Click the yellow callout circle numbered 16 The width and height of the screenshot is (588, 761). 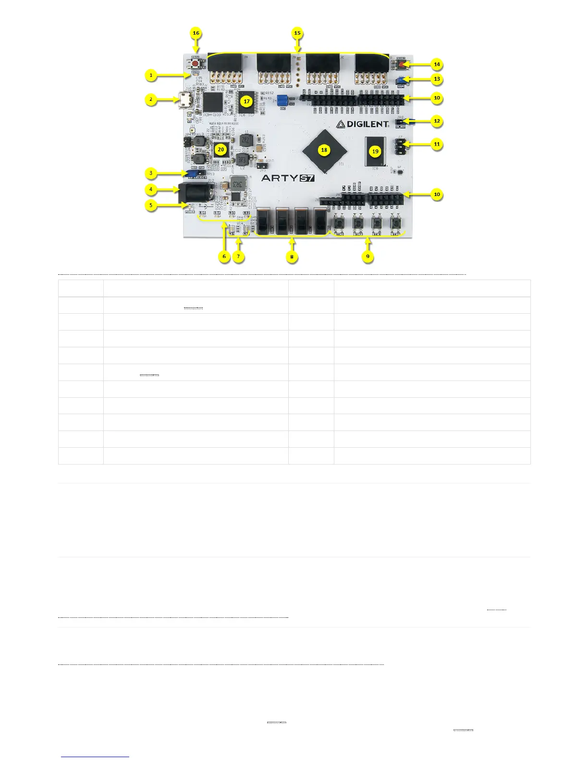[x=196, y=33]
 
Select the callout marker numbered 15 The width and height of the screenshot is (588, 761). [x=297, y=33]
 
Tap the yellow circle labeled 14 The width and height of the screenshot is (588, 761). [x=437, y=64]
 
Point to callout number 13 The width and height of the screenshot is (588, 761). [x=437, y=79]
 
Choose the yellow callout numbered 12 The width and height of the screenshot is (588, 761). [x=437, y=121]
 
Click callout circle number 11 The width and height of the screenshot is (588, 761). [x=437, y=144]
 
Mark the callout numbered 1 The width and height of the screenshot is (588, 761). [x=151, y=75]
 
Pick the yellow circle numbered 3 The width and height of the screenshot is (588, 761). [x=151, y=173]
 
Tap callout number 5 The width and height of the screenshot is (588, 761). [x=151, y=205]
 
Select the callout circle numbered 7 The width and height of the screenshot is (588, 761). [x=238, y=257]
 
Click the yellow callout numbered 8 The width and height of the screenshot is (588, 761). [x=292, y=257]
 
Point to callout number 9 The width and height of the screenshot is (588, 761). [x=367, y=257]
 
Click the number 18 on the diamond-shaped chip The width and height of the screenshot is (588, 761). [x=324, y=150]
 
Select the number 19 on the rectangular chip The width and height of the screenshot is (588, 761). [x=375, y=151]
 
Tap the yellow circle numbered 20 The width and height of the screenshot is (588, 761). [x=220, y=149]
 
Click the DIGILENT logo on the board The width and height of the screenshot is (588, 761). [x=362, y=124]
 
